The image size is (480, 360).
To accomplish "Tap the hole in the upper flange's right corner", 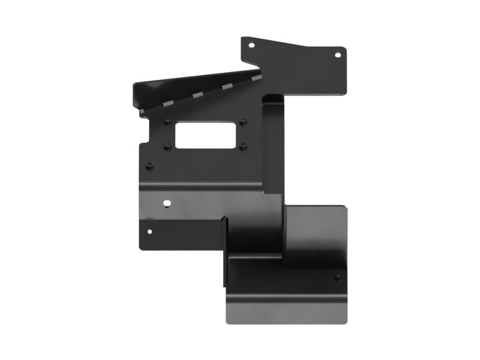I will click(337, 55).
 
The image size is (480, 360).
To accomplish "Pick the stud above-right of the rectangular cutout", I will click(242, 121).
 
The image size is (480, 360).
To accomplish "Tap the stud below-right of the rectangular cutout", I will click(242, 145).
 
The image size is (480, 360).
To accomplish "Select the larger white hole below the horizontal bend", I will click(167, 203).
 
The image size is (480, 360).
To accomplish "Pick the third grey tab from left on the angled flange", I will click(227, 88).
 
